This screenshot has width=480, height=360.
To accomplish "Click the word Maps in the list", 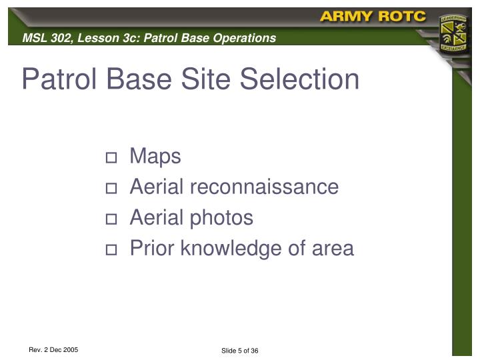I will click(x=155, y=156).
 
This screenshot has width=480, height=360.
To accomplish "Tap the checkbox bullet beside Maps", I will click(x=111, y=158).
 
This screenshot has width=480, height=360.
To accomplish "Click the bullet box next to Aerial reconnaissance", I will click(x=111, y=189).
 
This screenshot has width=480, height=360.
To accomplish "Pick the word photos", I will click(x=221, y=218).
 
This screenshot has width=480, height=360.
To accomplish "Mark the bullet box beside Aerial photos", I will click(x=111, y=219).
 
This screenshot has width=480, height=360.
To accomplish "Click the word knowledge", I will click(x=238, y=249).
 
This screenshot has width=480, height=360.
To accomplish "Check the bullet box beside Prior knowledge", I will click(x=111, y=250).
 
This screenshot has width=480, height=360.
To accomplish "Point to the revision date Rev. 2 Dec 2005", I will click(x=53, y=349).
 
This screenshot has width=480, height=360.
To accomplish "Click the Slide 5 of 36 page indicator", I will click(x=239, y=351).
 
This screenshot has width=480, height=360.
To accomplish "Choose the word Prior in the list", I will click(x=153, y=249).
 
